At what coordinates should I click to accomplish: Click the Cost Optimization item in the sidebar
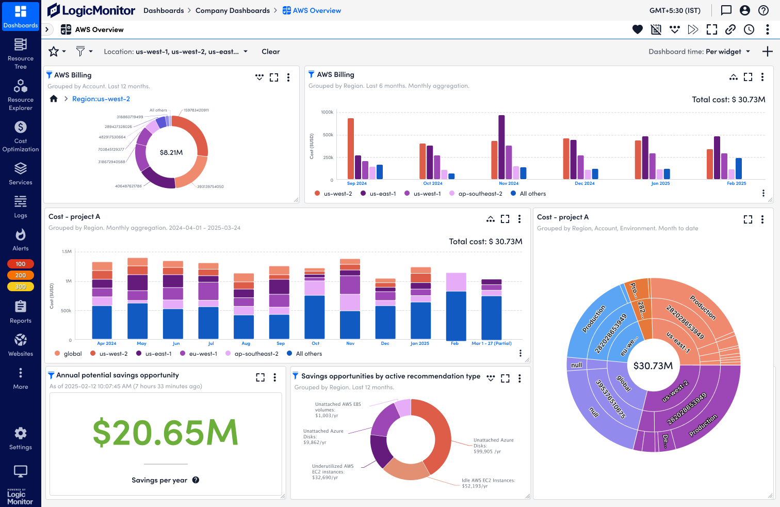[x=21, y=136]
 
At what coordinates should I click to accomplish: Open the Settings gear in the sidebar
[x=21, y=438]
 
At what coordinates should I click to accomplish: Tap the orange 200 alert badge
[x=21, y=275]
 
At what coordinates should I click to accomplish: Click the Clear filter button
[x=270, y=52]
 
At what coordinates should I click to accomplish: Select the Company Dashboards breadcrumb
[x=233, y=10]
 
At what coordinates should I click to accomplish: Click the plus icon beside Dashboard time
[x=768, y=52]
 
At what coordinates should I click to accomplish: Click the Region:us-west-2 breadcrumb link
[x=101, y=99]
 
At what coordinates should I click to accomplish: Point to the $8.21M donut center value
[x=171, y=152]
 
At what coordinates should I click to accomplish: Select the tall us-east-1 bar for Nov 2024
[x=501, y=147]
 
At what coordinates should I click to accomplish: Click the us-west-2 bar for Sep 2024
[x=351, y=149]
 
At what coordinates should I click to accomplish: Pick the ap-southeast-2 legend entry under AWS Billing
[x=480, y=194]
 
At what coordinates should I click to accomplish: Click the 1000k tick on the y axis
[x=327, y=112]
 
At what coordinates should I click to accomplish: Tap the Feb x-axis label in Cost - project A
[x=454, y=343]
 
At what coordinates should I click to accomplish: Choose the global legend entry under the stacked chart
[x=72, y=354]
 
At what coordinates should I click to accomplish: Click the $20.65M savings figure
[x=165, y=432]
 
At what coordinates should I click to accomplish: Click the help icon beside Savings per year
[x=196, y=480]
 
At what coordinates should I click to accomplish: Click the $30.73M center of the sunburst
[x=653, y=366]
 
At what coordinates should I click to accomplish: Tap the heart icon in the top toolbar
[x=638, y=29]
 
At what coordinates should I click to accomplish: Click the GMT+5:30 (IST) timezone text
[x=675, y=10]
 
